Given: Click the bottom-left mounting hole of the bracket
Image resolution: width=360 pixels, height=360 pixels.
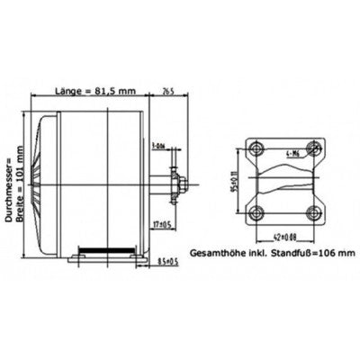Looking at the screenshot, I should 256,212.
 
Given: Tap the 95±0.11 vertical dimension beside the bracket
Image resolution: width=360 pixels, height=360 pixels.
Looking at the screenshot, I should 237,179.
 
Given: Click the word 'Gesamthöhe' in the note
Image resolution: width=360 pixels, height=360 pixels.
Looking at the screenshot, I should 217,253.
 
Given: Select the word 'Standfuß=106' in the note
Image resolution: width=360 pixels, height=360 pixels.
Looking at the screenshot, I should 298,253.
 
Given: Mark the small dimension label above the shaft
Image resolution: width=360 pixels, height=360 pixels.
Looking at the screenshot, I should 159,145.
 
